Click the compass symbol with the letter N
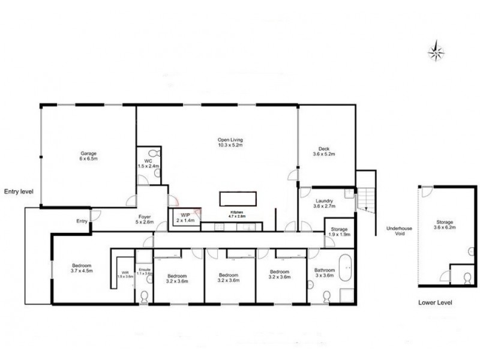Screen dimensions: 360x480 (436, 51)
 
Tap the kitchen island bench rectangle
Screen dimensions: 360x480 (239, 198)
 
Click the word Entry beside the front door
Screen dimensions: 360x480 (82, 221)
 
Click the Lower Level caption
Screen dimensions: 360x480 (435, 303)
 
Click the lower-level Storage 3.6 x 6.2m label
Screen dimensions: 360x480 (445, 225)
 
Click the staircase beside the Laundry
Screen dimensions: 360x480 (365, 198)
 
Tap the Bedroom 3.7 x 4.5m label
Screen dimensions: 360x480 (82, 267)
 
